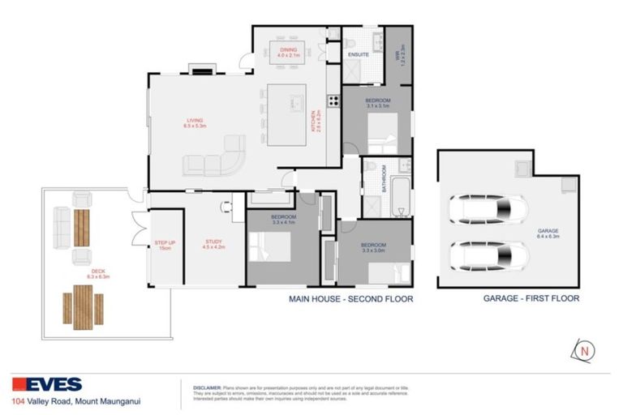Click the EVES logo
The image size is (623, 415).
46,384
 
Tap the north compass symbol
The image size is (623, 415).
583,351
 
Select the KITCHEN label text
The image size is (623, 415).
313,126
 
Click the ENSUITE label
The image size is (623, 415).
359,54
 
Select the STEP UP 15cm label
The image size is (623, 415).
165,245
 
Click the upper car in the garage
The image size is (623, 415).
485,212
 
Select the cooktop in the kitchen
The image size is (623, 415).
332,101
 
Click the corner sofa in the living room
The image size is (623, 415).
215,160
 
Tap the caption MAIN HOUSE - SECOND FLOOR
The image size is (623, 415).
350,299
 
